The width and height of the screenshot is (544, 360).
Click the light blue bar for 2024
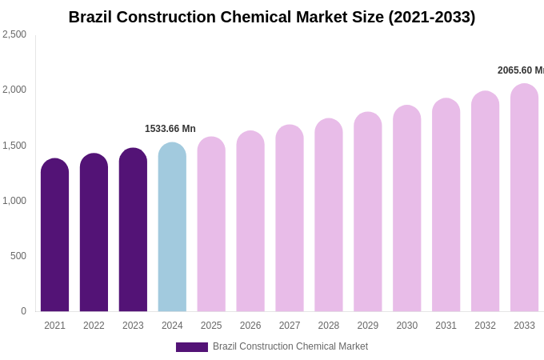[x=172, y=228]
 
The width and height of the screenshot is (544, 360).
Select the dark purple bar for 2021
[x=54, y=236]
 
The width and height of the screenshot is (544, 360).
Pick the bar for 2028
[x=329, y=216]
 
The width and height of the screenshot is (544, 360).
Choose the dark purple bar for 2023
[x=133, y=230]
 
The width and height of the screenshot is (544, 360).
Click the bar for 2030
[x=406, y=210]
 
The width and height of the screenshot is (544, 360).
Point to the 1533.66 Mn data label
[x=170, y=129]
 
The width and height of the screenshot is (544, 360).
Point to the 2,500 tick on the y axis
[x=14, y=34]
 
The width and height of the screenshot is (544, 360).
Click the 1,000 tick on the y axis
[x=14, y=201]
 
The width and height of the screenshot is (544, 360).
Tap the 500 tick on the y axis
[x=18, y=256]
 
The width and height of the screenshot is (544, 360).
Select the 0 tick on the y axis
[x=23, y=311]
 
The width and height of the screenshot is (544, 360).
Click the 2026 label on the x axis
[x=250, y=326]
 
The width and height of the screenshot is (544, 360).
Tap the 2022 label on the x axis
[x=94, y=326]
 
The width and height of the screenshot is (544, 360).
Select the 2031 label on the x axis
[x=446, y=326]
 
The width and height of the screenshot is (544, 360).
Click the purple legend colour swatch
[x=192, y=347]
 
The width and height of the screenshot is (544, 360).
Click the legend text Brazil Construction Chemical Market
[x=290, y=346]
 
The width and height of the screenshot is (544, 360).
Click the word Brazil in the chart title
[x=90, y=17]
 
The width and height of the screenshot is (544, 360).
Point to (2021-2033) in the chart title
[x=432, y=17]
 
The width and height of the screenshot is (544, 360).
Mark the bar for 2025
[x=211, y=225]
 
